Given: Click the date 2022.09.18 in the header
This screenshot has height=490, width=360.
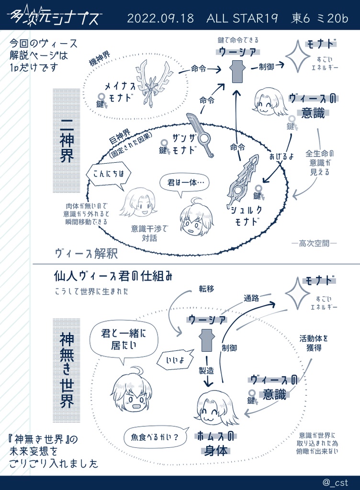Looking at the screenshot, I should pyautogui.click(x=160, y=19).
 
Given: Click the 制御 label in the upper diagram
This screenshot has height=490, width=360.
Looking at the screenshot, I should pyautogui.click(x=266, y=67).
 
